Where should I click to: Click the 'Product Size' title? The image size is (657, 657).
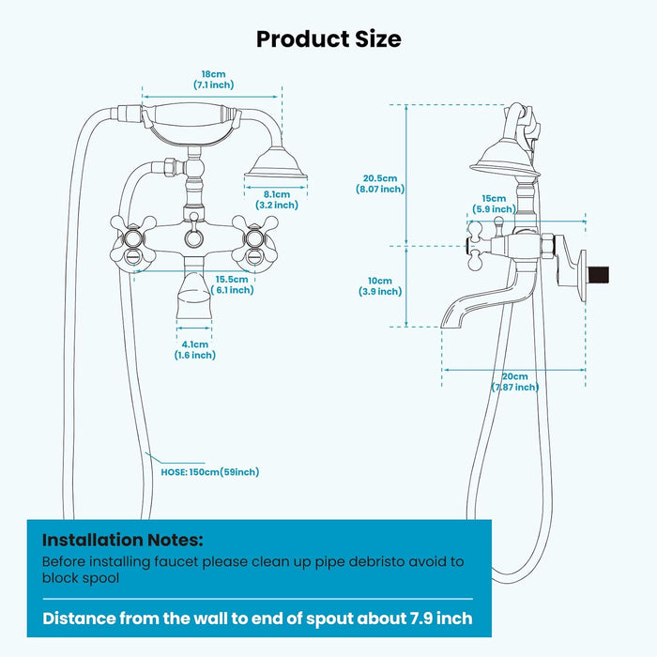pos(328,38)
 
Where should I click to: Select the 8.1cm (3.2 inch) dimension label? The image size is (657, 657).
pos(277,199)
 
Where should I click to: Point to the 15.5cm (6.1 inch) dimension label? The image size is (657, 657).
pos(231,284)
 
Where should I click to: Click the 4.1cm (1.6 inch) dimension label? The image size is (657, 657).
pos(194,349)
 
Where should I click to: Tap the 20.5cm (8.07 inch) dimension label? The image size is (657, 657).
pos(380,183)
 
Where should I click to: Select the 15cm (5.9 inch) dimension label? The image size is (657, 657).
pos(494,204)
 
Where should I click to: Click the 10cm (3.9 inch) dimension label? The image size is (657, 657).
pos(380,286)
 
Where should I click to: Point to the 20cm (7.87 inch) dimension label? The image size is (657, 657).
pos(515,381)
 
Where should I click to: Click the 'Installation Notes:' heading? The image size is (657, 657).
pos(123,540)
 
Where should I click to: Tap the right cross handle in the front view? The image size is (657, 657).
pos(254,238)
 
